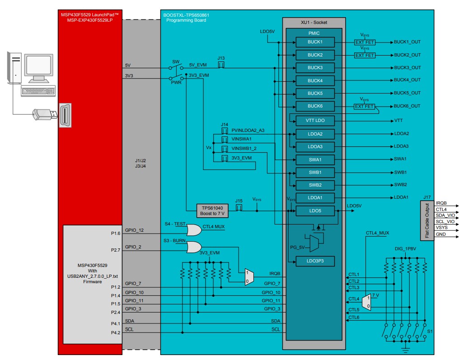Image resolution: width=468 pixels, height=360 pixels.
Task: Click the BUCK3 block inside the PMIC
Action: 315,67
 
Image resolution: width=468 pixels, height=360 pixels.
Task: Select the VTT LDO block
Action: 315,121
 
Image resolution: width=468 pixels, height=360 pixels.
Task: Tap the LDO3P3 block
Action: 315,261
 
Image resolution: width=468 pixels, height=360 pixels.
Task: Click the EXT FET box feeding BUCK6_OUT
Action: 364,106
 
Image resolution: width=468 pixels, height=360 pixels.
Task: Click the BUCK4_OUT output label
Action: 407,80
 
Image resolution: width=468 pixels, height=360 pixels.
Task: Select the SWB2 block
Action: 315,185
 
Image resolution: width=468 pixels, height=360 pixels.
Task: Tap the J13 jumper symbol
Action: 221,65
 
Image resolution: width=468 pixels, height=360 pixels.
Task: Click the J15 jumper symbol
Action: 239,207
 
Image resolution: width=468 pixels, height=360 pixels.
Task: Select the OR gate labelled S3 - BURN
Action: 194,247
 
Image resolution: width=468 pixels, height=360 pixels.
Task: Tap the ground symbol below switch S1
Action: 405,349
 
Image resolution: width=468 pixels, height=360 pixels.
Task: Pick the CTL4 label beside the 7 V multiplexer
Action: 354,299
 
